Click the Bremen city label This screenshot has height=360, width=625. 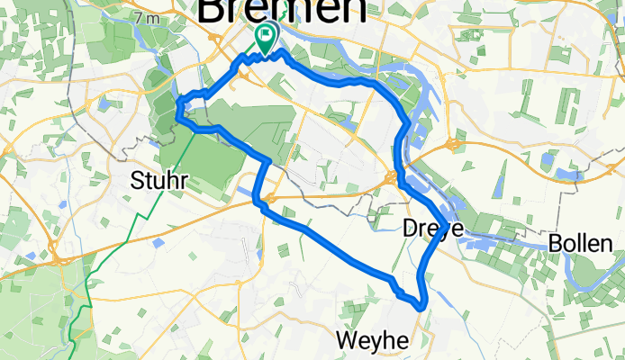tap(281, 11)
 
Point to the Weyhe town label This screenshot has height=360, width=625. tap(374, 340)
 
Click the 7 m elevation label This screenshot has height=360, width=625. tap(145, 18)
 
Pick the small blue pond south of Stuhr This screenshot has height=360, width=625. tap(159, 242)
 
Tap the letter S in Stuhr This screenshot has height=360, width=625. tap(136, 180)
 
